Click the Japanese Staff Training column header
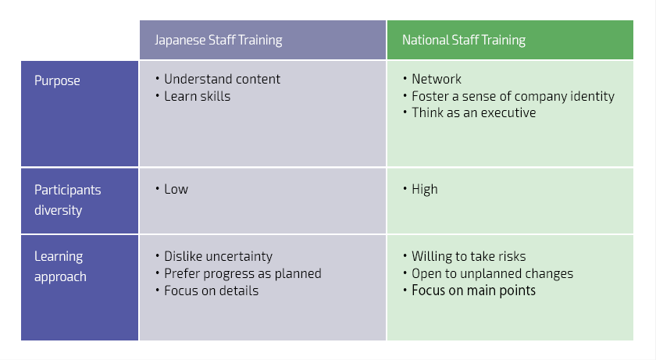[219, 40]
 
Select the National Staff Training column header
[464, 40]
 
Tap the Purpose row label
[57, 80]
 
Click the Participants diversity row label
[67, 200]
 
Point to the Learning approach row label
[60, 266]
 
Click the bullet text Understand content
[222, 79]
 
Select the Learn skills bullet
[197, 97]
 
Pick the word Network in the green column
[437, 79]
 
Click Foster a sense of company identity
[513, 97]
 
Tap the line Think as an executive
[473, 113]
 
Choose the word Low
[176, 190]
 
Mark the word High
[425, 190]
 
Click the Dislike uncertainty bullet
[218, 256]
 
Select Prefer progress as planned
[243, 274]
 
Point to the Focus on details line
[212, 290]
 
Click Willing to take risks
[469, 256]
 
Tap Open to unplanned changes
[493, 274]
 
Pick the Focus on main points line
[473, 290]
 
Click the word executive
[508, 113]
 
